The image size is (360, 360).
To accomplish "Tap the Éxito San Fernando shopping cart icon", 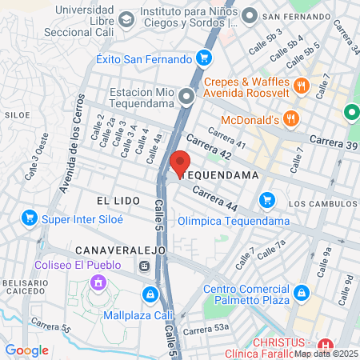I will tap(204, 58).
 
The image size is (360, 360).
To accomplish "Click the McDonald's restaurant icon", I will tap(290, 120).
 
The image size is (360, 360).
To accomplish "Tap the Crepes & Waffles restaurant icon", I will tap(302, 86).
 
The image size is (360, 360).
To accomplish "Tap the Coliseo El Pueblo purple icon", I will tap(98, 282).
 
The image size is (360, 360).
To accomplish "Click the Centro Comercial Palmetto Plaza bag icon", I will tap(302, 293).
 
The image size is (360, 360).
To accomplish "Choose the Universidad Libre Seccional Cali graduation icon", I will tap(126, 18).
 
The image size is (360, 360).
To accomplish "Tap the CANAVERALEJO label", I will tap(120, 250).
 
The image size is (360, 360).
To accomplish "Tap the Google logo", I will tap(26, 350).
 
